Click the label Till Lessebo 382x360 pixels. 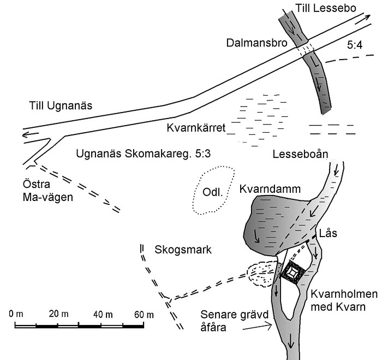pos(326,8)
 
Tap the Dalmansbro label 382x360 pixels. pos(257,43)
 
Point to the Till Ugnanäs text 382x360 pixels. pos(61,106)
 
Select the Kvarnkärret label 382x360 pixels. pos(196,128)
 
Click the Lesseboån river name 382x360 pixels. pos(300,154)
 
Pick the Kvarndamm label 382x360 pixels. pos(270,189)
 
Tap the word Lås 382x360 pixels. pos(328,233)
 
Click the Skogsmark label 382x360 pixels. pos(183,250)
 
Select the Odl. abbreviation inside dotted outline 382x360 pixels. pos(213,192)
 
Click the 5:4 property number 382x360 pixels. pos(355,45)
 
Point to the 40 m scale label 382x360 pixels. pos(103,315)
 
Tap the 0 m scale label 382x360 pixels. pos(16,314)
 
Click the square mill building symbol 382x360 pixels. pos(294,272)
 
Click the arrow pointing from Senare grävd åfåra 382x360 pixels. pos(257,327)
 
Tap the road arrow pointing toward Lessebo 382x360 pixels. pos(363,19)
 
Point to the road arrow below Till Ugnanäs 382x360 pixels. pos(31,134)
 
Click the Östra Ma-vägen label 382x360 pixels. pos(48,191)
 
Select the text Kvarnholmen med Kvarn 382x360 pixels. pos(344,300)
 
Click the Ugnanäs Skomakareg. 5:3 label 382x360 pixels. pos(143,154)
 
